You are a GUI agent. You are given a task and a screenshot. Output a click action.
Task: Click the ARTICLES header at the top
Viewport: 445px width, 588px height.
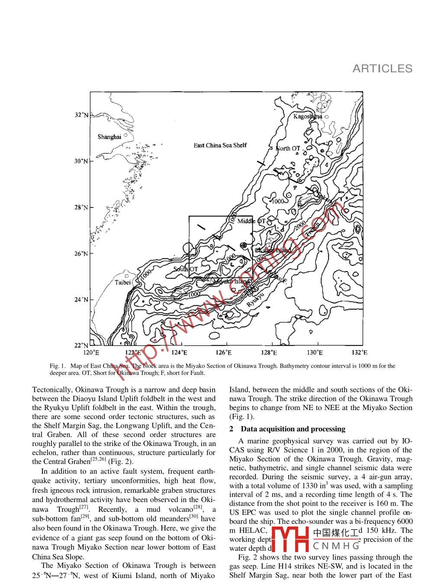[x=382, y=68]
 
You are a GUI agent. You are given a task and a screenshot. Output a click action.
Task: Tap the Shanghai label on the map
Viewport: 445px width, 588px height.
[x=109, y=137]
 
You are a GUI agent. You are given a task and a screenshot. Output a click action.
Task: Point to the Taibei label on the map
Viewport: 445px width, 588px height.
[x=123, y=283]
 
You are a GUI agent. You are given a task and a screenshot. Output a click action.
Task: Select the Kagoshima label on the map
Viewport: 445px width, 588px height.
[x=308, y=116]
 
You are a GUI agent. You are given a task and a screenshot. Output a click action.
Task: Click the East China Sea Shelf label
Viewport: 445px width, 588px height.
[x=220, y=145]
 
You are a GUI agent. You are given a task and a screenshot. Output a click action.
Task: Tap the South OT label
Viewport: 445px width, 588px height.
[x=186, y=269]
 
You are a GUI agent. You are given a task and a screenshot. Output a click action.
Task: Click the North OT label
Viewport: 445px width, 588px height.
[x=288, y=149]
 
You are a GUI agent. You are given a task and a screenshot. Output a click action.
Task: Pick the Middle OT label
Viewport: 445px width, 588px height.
[x=252, y=221]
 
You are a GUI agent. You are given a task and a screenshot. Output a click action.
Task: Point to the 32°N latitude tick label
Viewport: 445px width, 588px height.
[x=81, y=115]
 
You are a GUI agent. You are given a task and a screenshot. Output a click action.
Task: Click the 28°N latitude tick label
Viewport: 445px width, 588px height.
[x=81, y=207]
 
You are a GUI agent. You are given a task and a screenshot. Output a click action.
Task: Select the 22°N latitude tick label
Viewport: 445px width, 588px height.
[x=81, y=346]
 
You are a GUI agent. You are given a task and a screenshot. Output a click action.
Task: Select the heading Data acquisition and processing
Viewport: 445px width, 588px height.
[x=293, y=429]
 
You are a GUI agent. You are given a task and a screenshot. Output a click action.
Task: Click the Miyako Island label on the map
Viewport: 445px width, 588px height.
[x=232, y=282]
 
